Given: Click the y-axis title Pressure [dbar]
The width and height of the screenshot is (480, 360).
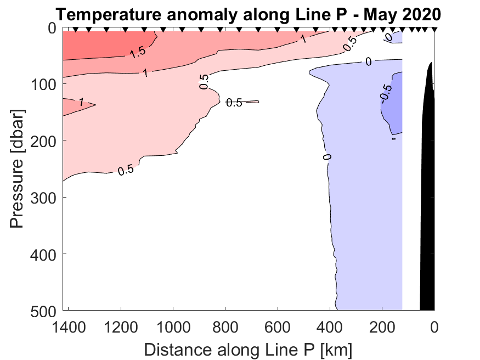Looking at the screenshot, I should [x=19, y=169].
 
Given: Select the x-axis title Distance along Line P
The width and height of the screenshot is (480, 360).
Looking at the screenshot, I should [x=248, y=349].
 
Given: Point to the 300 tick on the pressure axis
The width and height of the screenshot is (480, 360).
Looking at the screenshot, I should [x=43, y=197].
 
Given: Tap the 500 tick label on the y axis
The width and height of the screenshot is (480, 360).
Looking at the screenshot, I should [x=43, y=311].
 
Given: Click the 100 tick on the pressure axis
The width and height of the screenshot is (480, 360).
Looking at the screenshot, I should [x=43, y=83].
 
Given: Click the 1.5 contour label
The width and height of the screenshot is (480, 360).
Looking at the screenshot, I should [x=138, y=52].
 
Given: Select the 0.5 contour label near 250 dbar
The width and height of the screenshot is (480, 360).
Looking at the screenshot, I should [x=126, y=171].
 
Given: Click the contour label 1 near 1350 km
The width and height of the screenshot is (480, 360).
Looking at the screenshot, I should [x=81, y=102].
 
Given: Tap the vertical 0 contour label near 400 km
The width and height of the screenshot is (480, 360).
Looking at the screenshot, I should [x=327, y=157].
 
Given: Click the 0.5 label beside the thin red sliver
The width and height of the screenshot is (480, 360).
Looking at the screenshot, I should [x=234, y=103].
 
